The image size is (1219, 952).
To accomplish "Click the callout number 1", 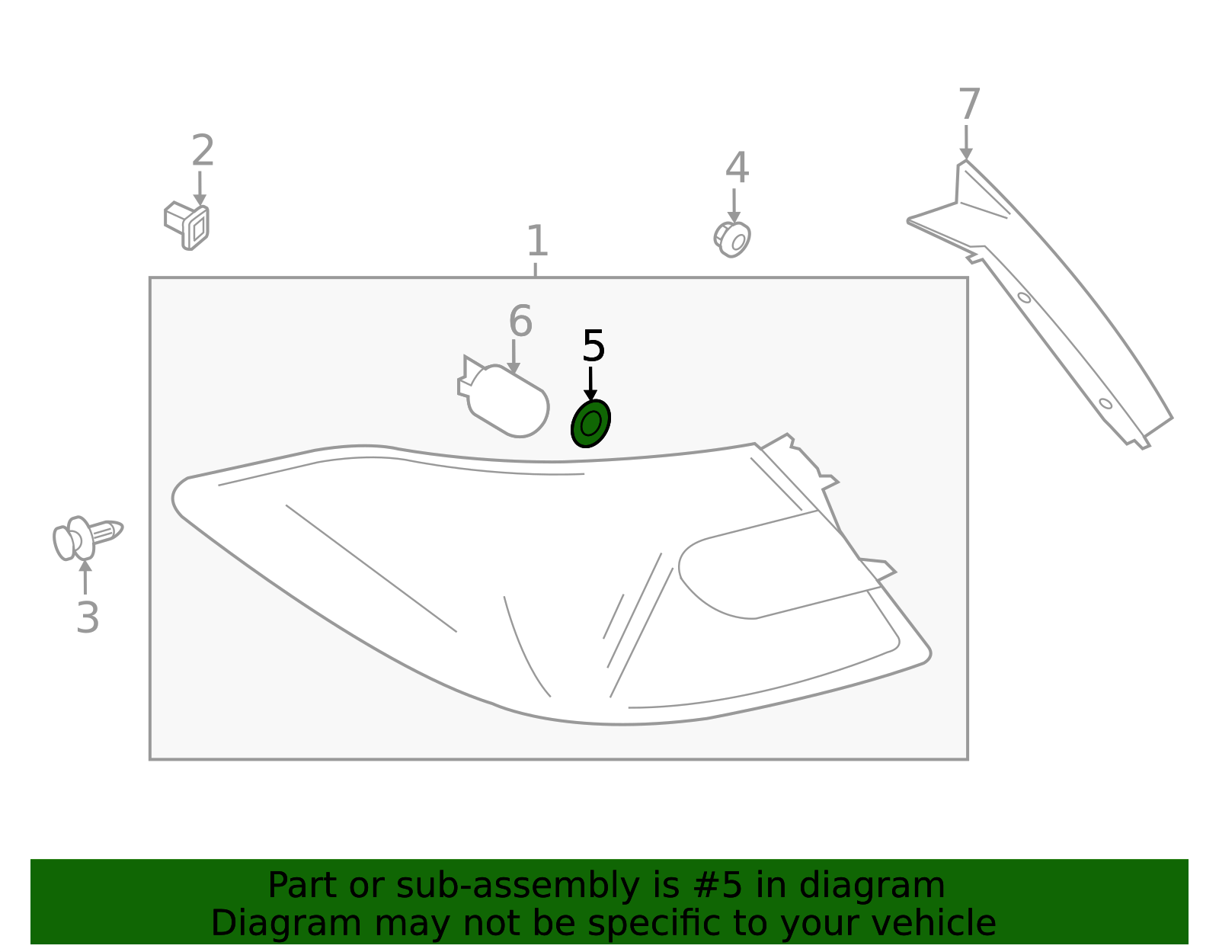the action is pos(537,241).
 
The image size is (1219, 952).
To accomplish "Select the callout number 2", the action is pos(203,150).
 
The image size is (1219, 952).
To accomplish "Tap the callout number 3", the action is pos(88,617).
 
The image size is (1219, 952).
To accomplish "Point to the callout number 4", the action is pos(737,168).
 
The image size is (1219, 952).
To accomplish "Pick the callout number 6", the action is pos(520,322).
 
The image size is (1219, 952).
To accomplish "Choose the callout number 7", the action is pos(969,104).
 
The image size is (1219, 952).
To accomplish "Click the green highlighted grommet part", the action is pos(590,424).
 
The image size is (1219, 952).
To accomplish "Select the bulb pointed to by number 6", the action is pos(503,396).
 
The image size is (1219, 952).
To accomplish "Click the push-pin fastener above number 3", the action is pos(87,538).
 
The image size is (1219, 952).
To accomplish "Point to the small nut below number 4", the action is pos(732,239).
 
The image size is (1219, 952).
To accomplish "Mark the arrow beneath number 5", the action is pos(590,383).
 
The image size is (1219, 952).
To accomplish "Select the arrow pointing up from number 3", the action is pos(85,577).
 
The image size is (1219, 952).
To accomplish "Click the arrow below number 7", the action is pos(966,143).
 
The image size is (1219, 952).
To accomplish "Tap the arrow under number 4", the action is pos(734,206).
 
